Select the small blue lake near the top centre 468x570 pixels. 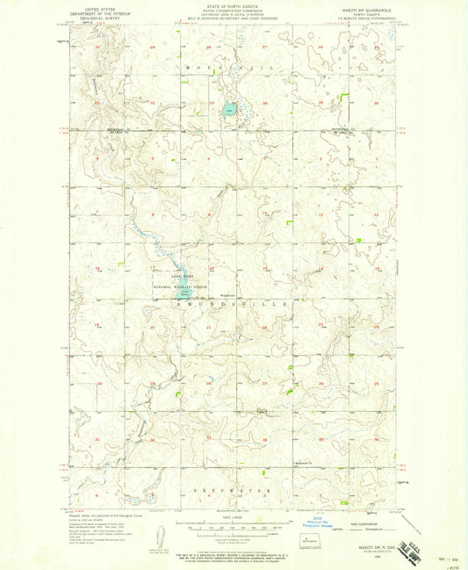[x=229, y=111]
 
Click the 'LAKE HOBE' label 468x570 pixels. [x=167, y=276]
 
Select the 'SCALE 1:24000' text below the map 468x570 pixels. [x=234, y=516]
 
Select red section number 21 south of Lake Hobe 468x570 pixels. [x=208, y=327]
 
